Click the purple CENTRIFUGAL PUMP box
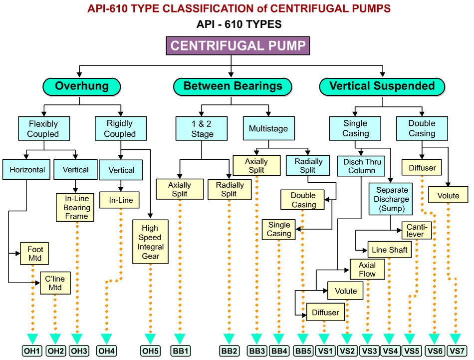(237, 46)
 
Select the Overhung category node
(81, 86)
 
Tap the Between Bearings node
(232, 86)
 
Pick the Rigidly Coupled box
(120, 128)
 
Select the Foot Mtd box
(35, 254)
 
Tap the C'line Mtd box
(55, 283)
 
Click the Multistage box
(268, 128)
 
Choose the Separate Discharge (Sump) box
(392, 199)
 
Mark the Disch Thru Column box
(362, 166)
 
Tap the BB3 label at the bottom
(257, 351)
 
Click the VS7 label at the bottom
(457, 351)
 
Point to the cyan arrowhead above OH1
(33, 338)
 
